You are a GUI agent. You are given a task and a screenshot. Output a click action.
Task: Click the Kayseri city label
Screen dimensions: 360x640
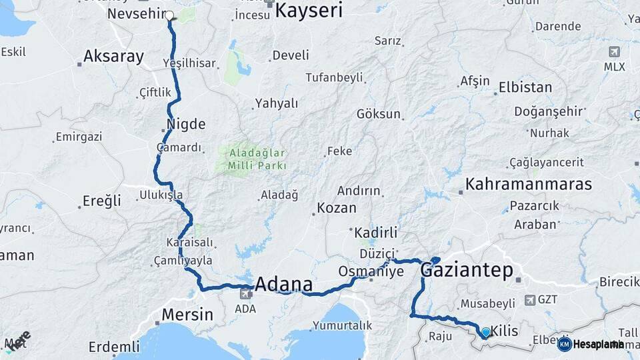(309, 11)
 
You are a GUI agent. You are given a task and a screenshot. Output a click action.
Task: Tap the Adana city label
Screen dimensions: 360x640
(283, 285)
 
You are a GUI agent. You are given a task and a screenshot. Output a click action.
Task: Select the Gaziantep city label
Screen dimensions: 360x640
(467, 270)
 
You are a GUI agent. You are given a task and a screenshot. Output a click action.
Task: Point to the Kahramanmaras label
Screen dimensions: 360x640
(529, 184)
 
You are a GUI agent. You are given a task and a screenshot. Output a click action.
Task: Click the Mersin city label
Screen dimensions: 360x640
(188, 314)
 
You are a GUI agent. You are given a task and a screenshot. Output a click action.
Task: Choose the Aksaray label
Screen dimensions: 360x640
(113, 57)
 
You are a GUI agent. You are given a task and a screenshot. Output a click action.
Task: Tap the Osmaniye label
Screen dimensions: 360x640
(371, 271)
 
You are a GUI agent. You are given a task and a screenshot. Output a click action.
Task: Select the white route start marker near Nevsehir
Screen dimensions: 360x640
(169, 15)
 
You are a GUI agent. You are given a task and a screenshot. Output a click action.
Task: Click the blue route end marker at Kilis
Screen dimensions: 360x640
(485, 332)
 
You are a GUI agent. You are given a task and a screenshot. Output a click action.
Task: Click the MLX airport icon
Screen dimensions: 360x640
(613, 52)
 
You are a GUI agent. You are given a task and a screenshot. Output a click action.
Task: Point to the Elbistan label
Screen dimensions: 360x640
(525, 87)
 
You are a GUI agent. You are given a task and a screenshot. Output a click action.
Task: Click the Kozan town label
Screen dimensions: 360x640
(336, 208)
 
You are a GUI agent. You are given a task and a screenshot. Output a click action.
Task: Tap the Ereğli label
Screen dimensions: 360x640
(102, 201)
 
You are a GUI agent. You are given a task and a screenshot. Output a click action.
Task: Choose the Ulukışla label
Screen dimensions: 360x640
(161, 195)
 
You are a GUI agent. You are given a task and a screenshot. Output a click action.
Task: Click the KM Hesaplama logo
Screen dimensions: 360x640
(591, 344)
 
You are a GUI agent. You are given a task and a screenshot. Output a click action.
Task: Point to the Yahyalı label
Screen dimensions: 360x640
(276, 103)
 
